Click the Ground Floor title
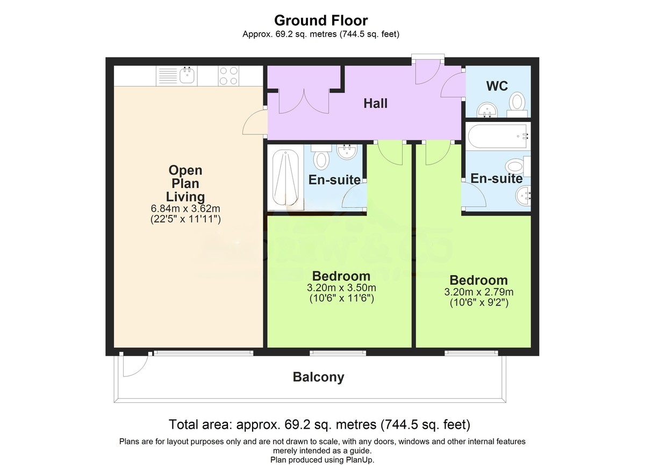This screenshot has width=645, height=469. [321, 20]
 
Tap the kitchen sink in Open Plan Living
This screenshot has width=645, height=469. [187, 76]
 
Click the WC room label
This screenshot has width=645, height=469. [497, 86]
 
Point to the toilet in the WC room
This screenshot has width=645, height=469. [518, 101]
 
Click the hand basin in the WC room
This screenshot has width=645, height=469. [489, 109]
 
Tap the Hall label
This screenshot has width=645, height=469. [375, 103]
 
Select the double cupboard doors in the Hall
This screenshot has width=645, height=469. [304, 102]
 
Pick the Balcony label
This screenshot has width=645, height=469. [318, 377]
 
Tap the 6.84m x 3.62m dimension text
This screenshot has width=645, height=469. [185, 208]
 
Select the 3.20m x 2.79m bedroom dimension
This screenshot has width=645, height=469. [478, 292]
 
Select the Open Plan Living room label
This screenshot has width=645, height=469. [185, 183]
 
